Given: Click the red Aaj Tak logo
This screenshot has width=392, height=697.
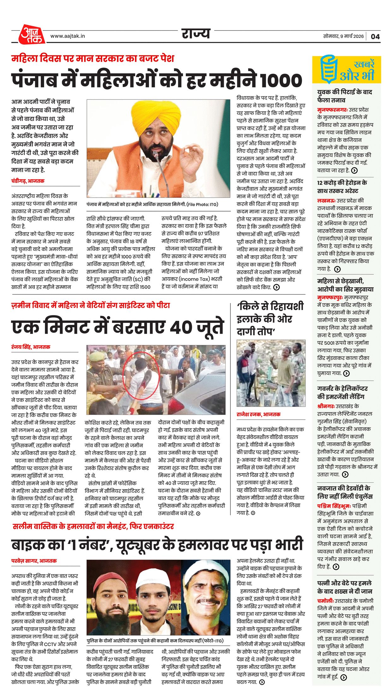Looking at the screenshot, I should [x=32, y=34].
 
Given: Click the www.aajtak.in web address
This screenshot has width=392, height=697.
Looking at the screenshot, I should [x=68, y=36].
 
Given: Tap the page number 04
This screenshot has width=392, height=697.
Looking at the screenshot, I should [x=375, y=36].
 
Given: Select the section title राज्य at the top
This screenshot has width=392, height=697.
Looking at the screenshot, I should [x=196, y=33].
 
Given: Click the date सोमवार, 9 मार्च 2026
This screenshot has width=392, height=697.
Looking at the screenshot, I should [x=343, y=36].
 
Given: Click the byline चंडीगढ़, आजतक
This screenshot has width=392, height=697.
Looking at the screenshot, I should [x=28, y=181].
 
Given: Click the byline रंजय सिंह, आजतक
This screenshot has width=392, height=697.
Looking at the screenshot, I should [x=31, y=347].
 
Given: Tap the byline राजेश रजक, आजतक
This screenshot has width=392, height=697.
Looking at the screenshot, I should [x=258, y=414].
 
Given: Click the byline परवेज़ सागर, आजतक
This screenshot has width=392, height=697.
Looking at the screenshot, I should [x=34, y=561].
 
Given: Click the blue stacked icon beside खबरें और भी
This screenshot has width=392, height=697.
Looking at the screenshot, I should [x=328, y=69].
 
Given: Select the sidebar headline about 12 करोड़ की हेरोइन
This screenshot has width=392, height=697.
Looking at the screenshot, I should [x=342, y=187].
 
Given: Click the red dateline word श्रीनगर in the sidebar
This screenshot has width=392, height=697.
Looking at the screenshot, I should [x=325, y=406].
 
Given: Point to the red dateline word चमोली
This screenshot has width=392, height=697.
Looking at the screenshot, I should [x=325, y=601].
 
